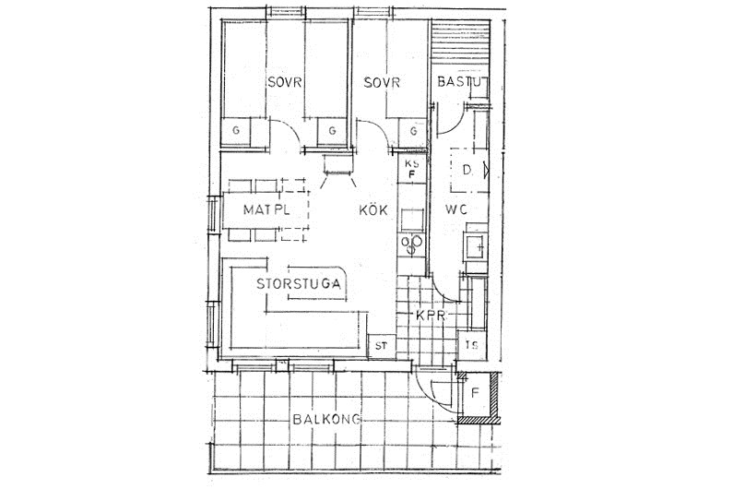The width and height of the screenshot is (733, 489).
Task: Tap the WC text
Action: [x=455, y=209]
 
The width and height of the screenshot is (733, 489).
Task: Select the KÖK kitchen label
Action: [x=373, y=210]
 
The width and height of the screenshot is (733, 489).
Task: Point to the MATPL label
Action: [x=266, y=209]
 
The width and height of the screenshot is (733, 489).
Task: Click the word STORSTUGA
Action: [x=299, y=283]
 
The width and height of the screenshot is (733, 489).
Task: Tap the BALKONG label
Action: [x=326, y=419]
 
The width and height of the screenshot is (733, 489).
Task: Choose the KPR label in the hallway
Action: [x=431, y=316]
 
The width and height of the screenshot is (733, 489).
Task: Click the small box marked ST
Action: [x=382, y=346]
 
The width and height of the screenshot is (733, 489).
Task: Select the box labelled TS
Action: [x=472, y=346]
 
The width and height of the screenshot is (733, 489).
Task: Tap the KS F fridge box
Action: [x=412, y=170]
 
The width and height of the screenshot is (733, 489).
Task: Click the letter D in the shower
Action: [x=467, y=170]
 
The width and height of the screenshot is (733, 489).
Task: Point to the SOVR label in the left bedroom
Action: [x=285, y=83]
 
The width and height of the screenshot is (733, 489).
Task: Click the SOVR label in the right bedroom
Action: [x=382, y=83]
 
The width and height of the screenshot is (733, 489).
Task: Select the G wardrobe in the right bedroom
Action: [x=413, y=132]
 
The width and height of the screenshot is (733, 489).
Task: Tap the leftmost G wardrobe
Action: [x=236, y=131]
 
